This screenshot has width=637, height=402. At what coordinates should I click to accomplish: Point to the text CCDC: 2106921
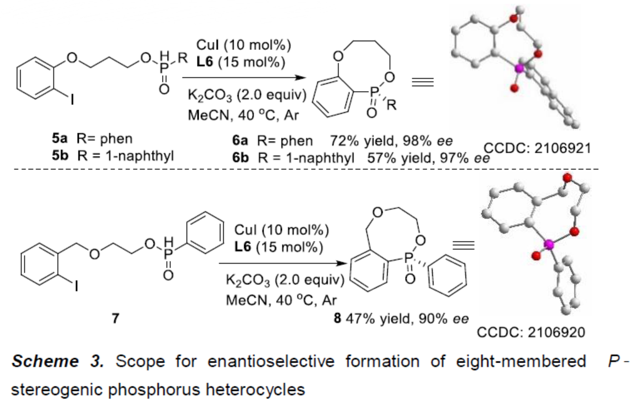[532, 148]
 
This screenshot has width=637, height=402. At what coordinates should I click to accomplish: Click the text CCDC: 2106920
[532, 332]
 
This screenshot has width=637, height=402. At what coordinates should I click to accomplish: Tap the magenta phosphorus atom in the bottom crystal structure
[549, 244]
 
